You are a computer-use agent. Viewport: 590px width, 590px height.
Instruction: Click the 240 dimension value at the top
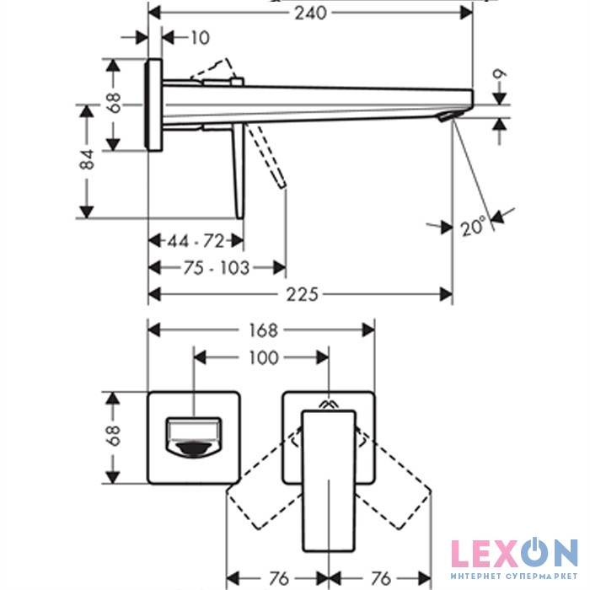tap(310, 13)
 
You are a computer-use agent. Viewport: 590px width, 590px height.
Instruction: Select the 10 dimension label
tap(201, 38)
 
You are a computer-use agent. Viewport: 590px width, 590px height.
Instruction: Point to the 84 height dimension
tap(88, 159)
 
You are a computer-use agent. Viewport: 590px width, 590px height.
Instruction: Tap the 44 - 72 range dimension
tap(196, 241)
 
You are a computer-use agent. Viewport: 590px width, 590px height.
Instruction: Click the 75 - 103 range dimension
tap(217, 268)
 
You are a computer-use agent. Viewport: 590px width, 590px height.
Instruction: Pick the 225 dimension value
tap(302, 294)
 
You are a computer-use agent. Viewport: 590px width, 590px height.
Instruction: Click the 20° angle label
tap(473, 227)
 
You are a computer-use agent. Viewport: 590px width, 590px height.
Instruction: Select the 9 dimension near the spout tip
tap(499, 74)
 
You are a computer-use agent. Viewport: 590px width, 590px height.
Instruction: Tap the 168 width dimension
tap(263, 330)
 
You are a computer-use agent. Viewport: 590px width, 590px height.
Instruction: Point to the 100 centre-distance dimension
tap(263, 357)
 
